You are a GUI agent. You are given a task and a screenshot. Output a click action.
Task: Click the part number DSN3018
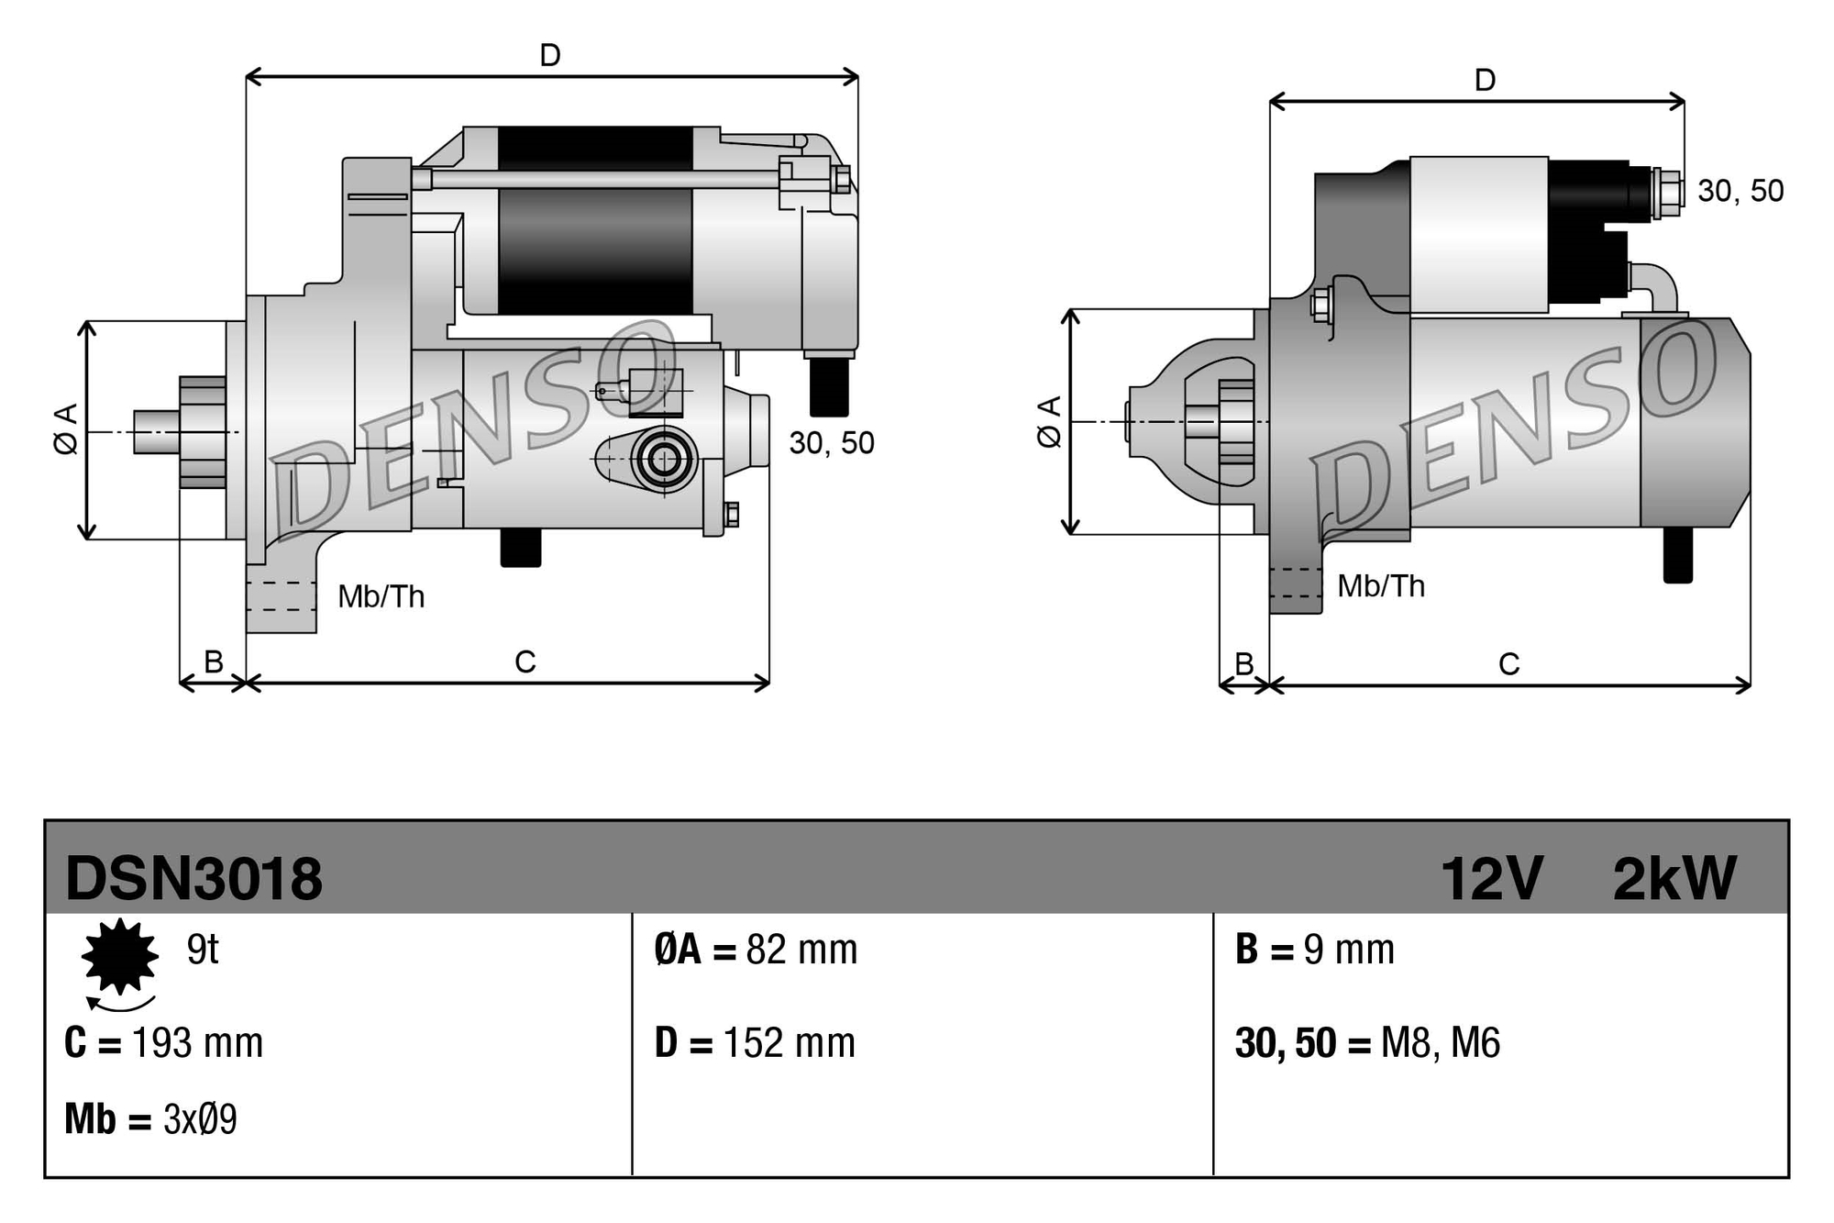(x=193, y=879)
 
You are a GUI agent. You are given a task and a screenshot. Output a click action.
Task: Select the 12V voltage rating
(x=1491, y=879)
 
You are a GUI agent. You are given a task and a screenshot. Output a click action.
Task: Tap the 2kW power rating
(x=1674, y=879)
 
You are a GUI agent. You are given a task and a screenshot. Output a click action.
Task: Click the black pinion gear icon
(x=120, y=956)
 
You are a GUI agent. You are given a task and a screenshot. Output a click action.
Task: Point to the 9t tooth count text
(x=202, y=950)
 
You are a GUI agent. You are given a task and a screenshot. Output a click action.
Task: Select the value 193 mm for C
(x=197, y=1043)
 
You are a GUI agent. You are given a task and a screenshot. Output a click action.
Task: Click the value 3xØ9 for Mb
(x=200, y=1119)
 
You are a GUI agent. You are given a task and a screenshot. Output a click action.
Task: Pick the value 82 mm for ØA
(x=801, y=950)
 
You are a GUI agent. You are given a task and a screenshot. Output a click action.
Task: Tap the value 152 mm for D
(x=789, y=1043)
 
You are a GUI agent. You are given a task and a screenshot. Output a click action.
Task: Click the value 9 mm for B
(x=1348, y=950)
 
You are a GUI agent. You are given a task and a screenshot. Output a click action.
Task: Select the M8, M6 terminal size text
(x=1440, y=1043)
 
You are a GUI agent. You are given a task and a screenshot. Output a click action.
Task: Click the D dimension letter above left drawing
(x=550, y=56)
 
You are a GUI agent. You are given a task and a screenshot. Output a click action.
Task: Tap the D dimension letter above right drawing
(x=1485, y=81)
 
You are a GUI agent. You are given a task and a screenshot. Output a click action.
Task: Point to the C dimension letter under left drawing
(x=525, y=662)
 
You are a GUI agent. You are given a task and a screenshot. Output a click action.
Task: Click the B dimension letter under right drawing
(x=1243, y=663)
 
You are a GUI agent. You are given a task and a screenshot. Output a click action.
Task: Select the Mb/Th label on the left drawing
(x=381, y=597)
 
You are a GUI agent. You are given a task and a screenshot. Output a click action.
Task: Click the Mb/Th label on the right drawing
(x=1380, y=586)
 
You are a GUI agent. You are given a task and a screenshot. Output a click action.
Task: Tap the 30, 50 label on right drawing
(x=1740, y=191)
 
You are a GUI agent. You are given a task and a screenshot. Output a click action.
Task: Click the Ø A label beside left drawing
(x=65, y=429)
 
